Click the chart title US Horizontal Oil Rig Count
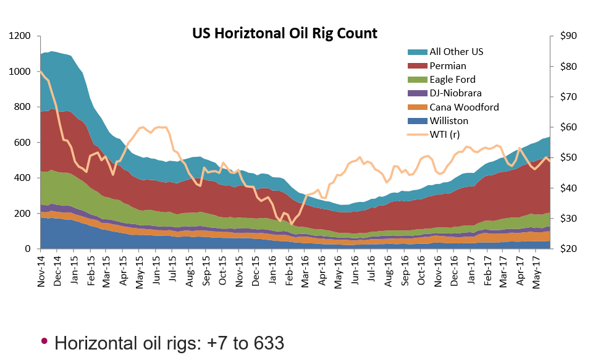285,33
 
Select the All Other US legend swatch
414,52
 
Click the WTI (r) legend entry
444,135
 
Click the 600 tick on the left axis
23,143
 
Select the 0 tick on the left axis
28,249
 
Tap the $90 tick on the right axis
567,36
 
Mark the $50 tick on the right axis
567,158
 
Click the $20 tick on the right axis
567,249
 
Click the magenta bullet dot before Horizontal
44,341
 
